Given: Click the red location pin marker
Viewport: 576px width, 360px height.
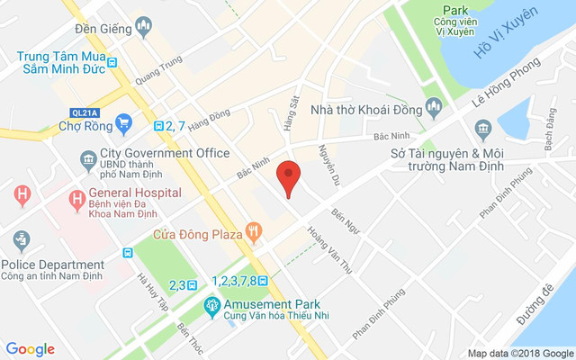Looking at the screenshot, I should [x=288, y=176].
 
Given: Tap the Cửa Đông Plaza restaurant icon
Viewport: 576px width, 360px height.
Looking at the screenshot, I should [x=255, y=234].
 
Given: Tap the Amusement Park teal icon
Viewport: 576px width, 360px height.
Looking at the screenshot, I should [x=211, y=306].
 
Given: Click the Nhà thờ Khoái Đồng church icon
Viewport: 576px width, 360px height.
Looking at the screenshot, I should [x=435, y=108].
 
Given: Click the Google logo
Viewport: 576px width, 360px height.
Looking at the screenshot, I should [x=30, y=349].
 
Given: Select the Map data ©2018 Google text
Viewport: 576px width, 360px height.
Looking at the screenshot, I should [x=519, y=353].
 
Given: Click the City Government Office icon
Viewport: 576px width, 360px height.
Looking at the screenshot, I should [x=88, y=160].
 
